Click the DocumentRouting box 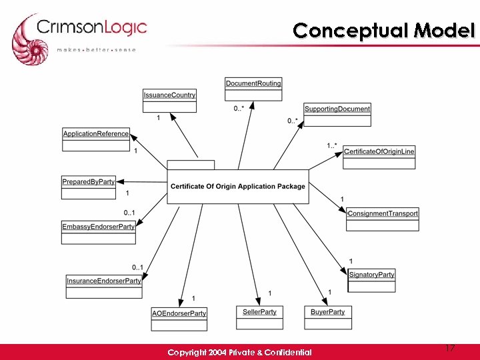pyautogui.click(x=253, y=89)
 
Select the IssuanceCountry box pyautogui.click(x=169, y=101)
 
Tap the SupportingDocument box pyautogui.click(x=337, y=115)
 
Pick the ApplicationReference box pyautogui.click(x=96, y=139)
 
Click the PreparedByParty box pyautogui.click(x=89, y=187)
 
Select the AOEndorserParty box pyautogui.click(x=179, y=319)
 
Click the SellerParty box pyautogui.click(x=260, y=317)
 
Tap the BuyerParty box pyautogui.click(x=328, y=317)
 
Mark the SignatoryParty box pyautogui.click(x=372, y=280)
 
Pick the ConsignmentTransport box pyautogui.click(x=383, y=219)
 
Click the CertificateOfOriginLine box pyautogui.click(x=379, y=157)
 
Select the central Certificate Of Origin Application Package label pyautogui.click(x=238, y=187)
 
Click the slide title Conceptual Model pyautogui.click(x=383, y=31)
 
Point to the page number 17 pyautogui.click(x=450, y=349)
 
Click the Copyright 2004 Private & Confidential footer pyautogui.click(x=239, y=352)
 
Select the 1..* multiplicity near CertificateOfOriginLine pyautogui.click(x=332, y=145)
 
